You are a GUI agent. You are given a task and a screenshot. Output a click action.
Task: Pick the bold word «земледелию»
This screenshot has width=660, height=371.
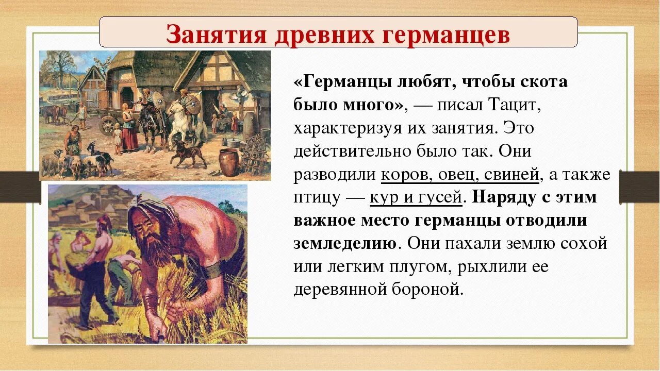(344, 243)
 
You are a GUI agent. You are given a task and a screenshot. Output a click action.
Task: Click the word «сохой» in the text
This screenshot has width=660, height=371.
(584, 243)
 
